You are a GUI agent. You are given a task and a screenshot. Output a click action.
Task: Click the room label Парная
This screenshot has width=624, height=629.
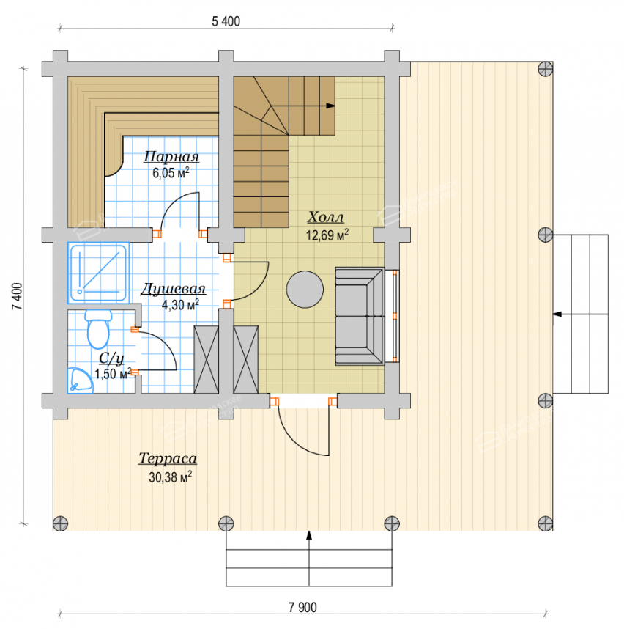pos(171,157)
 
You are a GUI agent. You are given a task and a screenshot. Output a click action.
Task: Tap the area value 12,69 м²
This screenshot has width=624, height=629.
pos(327,235)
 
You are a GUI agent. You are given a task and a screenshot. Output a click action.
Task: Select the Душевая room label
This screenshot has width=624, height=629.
pos(173,289)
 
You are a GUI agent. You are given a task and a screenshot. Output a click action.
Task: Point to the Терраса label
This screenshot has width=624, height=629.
pos(168,458)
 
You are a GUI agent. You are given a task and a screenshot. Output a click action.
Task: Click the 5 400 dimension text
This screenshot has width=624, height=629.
pos(226,21)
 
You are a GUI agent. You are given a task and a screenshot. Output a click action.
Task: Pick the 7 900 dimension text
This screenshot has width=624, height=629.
pos(302,607)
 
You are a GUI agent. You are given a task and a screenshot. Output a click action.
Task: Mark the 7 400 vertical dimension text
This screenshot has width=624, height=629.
pos(18,296)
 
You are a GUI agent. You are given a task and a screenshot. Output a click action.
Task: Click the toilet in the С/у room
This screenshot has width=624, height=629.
pos(98,329)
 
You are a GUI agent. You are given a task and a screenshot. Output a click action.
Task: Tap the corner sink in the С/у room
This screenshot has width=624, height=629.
pos(80,380)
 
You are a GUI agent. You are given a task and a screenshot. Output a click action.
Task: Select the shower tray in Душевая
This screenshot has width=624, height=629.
pos(99,273)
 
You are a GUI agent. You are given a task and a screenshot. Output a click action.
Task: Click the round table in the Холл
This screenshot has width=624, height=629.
pos(305,290)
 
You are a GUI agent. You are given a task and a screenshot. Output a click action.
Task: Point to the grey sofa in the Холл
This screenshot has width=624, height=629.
pos(360,317)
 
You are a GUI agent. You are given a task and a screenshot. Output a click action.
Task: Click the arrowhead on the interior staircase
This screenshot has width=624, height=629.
pos(330,106)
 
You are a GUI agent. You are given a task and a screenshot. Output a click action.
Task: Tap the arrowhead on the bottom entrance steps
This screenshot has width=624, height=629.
pos(309,535)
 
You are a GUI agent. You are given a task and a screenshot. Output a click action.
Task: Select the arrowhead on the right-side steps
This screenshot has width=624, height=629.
pos(557,314)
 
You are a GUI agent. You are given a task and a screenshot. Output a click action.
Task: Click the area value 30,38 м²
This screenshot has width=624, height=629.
pos(171,477)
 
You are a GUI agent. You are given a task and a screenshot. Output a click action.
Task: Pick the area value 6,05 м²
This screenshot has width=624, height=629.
pos(171,173)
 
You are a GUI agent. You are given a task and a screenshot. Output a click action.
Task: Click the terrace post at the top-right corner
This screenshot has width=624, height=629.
pos(545,69)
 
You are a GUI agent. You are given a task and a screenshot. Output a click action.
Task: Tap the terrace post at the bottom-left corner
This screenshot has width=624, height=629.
pos(61,523)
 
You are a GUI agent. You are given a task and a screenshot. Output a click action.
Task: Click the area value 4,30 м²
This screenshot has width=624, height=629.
pos(180,305)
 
